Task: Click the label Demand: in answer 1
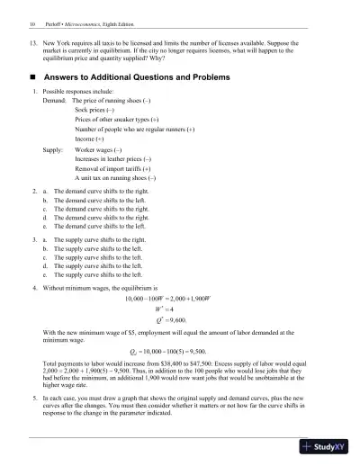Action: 57,103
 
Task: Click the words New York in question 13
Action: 57,41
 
